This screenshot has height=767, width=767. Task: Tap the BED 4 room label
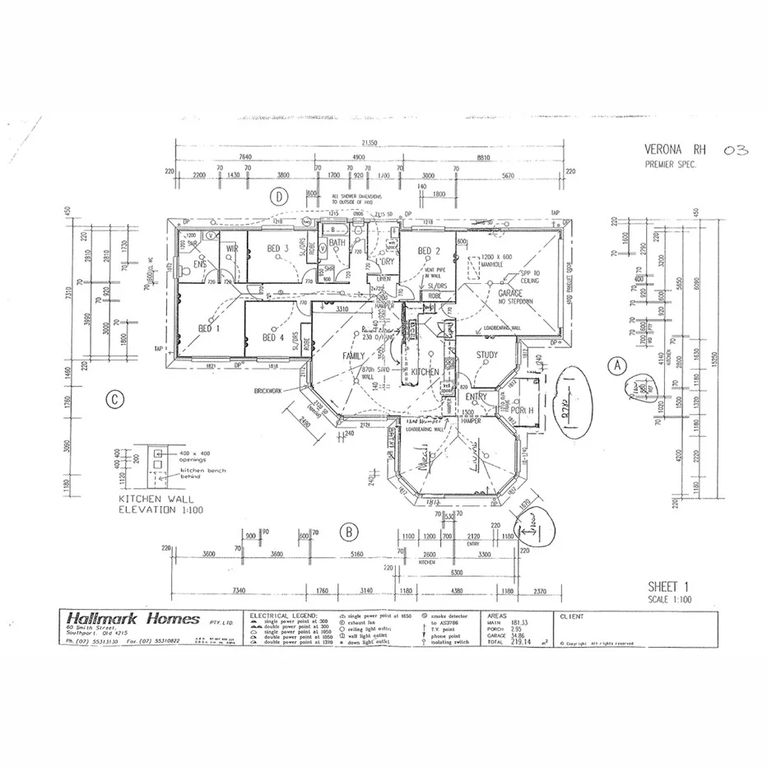point(273,337)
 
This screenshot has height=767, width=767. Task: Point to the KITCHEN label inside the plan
point(425,372)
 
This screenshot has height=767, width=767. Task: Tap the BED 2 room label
point(430,251)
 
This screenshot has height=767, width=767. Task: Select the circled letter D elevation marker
point(280,197)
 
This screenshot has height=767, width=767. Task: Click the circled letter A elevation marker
point(616,364)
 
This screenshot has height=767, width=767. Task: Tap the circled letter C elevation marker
point(116,401)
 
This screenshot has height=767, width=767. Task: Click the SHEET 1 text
point(667,587)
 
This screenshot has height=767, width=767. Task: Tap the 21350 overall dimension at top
point(370,142)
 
